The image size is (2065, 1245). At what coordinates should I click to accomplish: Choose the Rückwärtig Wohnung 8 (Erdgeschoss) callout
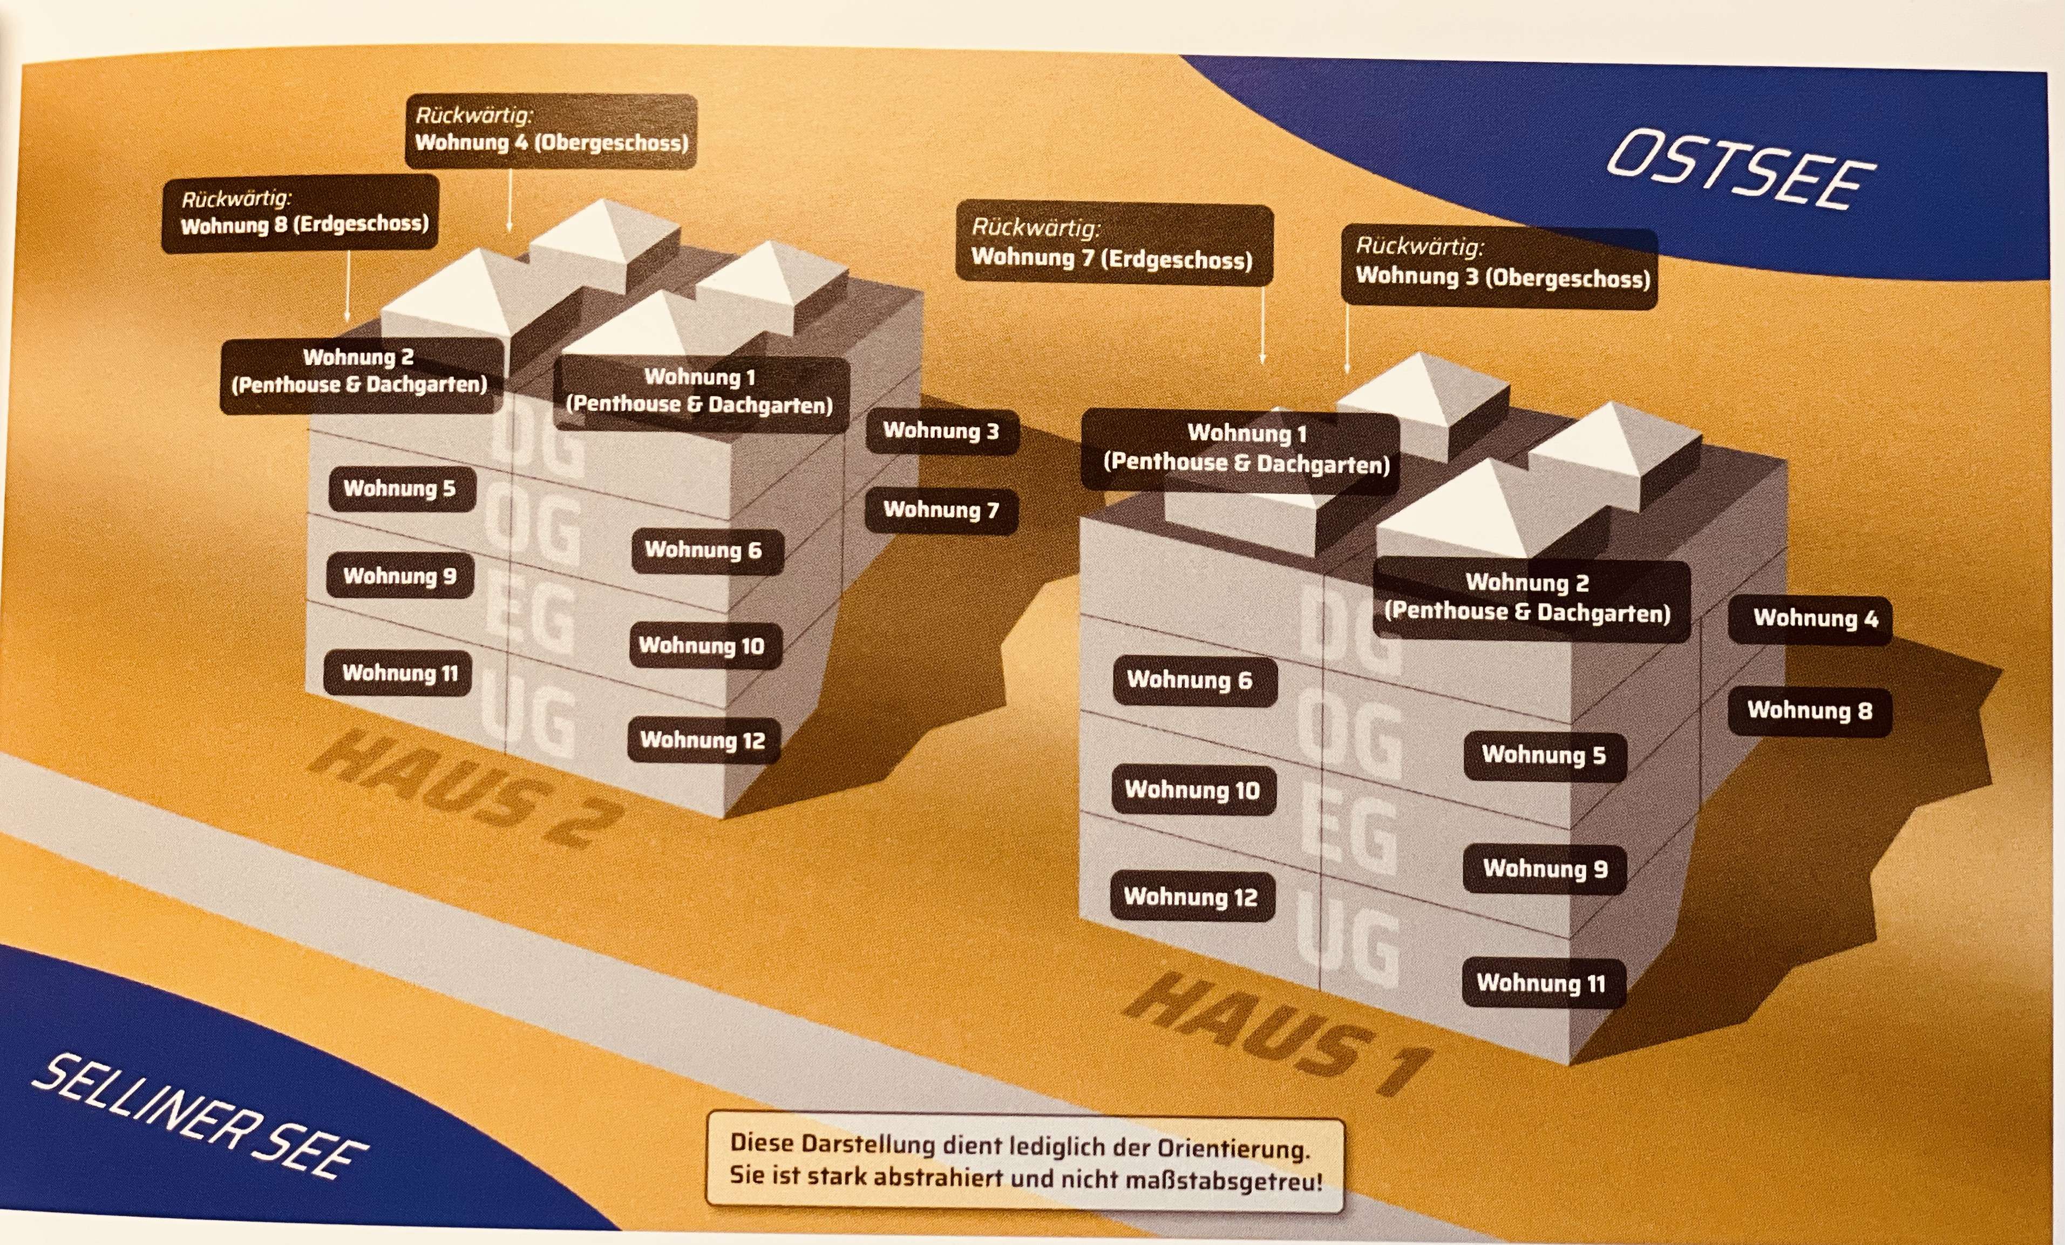300,214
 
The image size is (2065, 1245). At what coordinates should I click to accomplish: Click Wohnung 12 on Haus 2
703,740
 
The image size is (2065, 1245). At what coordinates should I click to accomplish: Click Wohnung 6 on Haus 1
1195,680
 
